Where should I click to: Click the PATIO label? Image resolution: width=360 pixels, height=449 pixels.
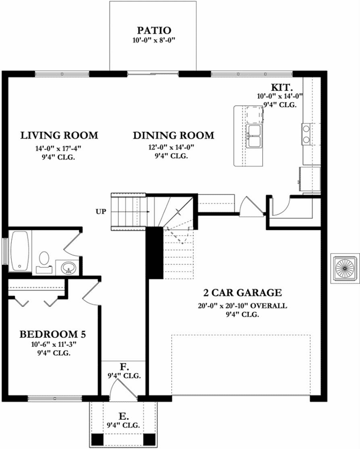pyautogui.click(x=153, y=30)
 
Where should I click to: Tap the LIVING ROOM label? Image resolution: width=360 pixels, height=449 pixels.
pyautogui.click(x=59, y=135)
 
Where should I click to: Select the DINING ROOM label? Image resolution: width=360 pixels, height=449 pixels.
pyautogui.click(x=174, y=135)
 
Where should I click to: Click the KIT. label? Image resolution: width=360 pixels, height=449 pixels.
pyautogui.click(x=280, y=88)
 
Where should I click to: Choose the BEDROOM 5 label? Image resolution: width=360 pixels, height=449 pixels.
pyautogui.click(x=52, y=334)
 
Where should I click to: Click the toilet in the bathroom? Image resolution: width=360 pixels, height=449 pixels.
pyautogui.click(x=43, y=260)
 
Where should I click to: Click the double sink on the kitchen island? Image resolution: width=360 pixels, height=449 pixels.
pyautogui.click(x=255, y=135)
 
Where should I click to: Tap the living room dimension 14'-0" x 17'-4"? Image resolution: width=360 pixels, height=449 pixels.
pyautogui.click(x=59, y=148)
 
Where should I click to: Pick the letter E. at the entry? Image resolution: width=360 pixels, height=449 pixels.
pyautogui.click(x=124, y=417)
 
